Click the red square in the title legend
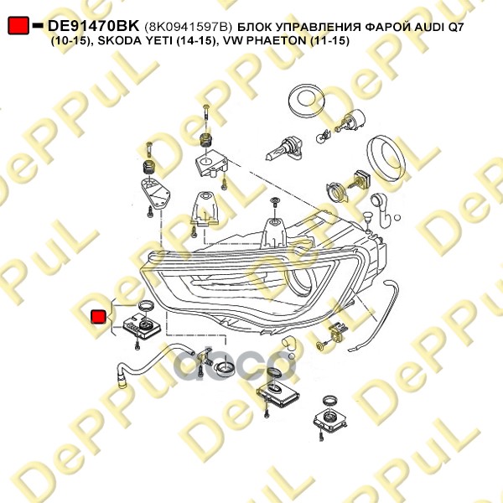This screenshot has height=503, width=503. [18, 27]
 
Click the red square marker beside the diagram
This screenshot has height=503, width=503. [98, 316]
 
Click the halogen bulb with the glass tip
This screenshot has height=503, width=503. [277, 151]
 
